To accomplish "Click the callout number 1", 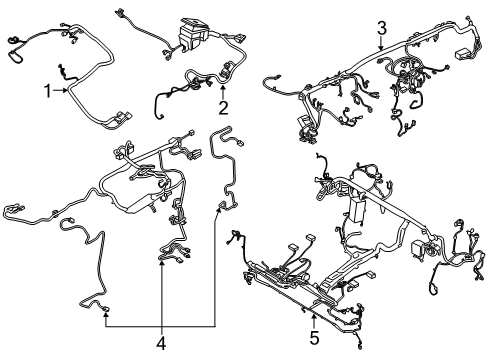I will click(x=46, y=92).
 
